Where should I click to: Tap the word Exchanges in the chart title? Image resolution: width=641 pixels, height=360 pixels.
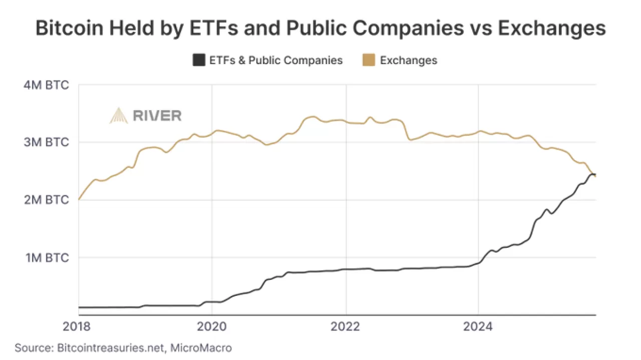point(551,29)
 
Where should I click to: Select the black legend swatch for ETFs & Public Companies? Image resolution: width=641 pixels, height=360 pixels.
point(199,61)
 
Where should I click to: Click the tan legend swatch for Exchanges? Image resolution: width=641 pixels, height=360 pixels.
point(369,61)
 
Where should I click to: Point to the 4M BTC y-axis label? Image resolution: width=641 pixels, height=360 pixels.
point(46,85)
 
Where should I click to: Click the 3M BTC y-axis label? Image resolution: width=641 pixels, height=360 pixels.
point(46,142)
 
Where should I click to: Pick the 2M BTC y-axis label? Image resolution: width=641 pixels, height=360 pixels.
point(46,200)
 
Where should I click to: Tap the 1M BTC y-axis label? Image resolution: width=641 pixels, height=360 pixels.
point(46,257)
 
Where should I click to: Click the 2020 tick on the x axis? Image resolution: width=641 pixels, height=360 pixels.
point(212,327)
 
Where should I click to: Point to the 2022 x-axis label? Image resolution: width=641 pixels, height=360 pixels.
point(346,327)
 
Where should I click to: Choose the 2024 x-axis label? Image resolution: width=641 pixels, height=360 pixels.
point(479,327)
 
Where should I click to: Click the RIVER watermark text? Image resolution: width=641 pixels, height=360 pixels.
point(157,116)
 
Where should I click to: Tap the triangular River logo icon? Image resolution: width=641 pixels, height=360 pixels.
point(119,116)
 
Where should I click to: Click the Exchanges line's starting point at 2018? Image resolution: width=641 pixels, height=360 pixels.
point(79,199)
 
